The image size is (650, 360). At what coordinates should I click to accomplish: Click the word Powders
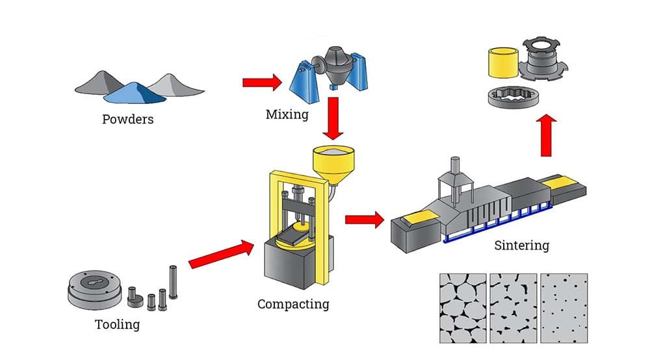127,119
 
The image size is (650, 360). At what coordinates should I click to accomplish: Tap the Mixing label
287,115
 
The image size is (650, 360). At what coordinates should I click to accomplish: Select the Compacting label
293,303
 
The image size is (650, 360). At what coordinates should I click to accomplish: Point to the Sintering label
522,245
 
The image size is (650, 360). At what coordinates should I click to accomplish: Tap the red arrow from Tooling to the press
220,254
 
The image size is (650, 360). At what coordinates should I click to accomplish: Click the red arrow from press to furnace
364,219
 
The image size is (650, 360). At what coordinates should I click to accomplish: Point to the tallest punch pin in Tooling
173,281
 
